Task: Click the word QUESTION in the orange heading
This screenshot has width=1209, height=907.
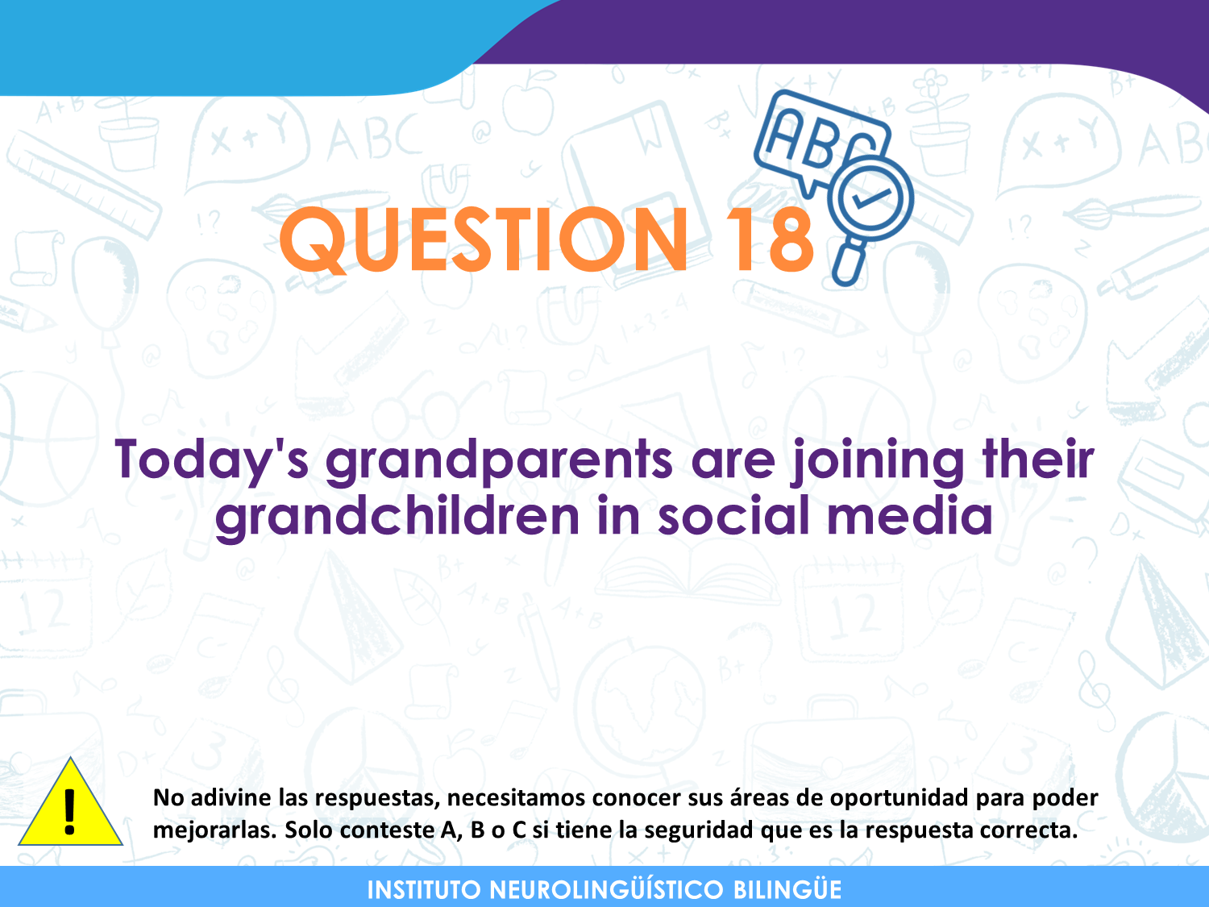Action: point(484,239)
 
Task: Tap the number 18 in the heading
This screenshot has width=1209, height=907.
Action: point(770,239)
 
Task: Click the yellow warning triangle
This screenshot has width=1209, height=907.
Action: point(70,802)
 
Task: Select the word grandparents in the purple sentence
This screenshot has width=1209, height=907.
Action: point(499,461)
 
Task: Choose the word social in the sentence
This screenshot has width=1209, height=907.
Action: point(733,514)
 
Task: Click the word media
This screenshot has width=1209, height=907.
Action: point(910,514)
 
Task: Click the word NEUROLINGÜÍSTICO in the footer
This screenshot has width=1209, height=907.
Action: point(606,888)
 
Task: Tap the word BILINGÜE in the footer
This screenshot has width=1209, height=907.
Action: point(787,888)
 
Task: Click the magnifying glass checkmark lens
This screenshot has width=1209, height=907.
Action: point(871,198)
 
